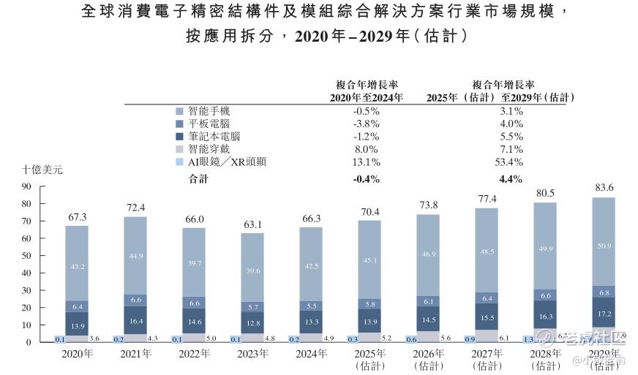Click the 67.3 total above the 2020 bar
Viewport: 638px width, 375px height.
pos(76,217)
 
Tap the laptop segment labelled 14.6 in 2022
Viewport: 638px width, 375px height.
pos(193,320)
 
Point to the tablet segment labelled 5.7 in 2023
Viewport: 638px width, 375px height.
pos(252,307)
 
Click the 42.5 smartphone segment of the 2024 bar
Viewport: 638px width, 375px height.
pos(310,266)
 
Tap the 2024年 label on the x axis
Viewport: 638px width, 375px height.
pos(310,354)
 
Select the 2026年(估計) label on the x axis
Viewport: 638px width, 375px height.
pos(427,359)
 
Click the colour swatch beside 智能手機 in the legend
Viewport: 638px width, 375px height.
pos(180,111)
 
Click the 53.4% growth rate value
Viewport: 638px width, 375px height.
pos(509,162)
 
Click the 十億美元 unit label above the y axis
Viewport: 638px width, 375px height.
pos(42,170)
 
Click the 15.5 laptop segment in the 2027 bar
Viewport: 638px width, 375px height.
pos(486,318)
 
